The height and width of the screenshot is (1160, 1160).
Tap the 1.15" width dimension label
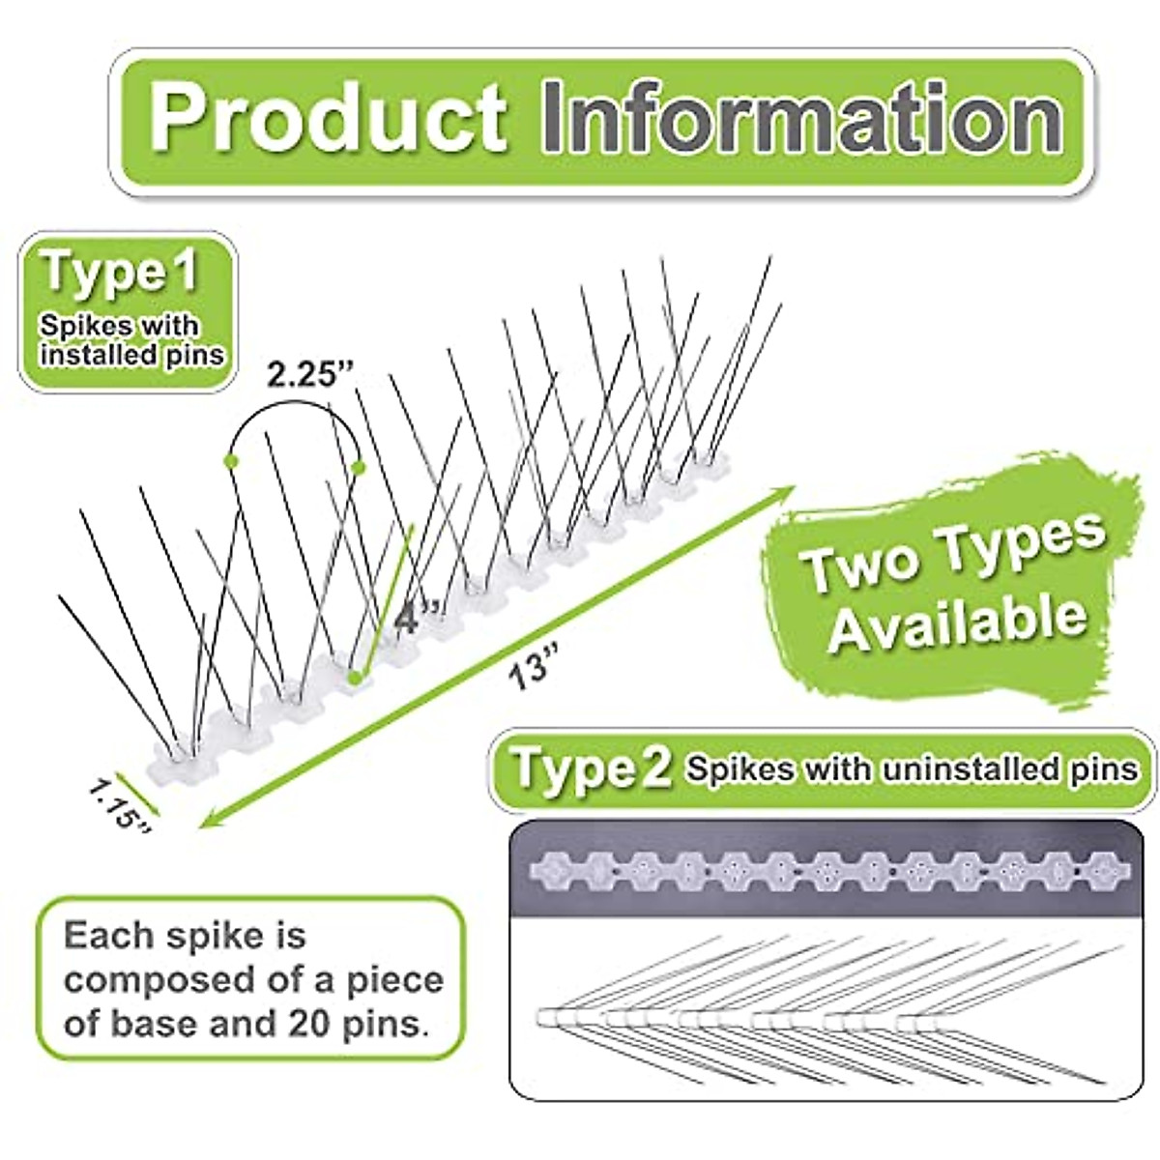coord(119,804)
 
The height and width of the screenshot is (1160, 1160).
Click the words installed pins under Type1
coord(131,355)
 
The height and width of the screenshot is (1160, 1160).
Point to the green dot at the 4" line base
coord(357,676)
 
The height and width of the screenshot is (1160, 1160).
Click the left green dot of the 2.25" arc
coord(230,460)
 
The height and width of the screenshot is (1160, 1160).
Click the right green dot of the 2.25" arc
coord(359,469)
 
